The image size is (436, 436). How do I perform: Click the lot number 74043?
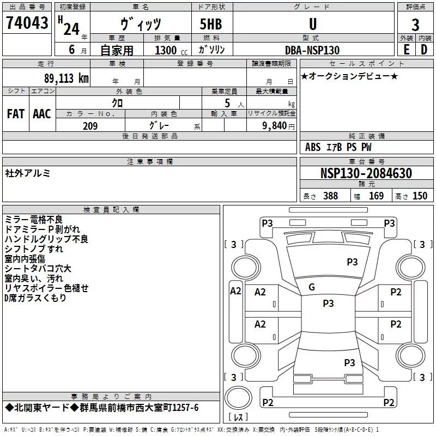pos(27,22)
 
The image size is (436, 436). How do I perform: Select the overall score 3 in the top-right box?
pos(415,25)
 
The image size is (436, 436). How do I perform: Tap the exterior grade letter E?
pos(407,50)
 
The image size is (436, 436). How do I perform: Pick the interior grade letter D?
pos(424,50)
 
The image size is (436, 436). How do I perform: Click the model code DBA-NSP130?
pos(312,50)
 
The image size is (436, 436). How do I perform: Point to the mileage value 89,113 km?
pos(66,78)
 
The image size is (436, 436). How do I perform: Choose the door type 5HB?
pos(211,24)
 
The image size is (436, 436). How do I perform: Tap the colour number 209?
pos(90,126)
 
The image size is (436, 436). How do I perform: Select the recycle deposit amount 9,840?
pos(275,126)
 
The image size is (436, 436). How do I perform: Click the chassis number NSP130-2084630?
pos(366,173)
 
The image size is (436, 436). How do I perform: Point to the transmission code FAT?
pos(16,114)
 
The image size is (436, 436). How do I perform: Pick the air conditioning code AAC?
pos(42,114)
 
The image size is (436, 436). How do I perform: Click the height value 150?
pos(420,196)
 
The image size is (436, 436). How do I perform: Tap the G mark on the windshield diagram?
pos(312,287)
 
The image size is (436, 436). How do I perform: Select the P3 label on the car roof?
pos(328,303)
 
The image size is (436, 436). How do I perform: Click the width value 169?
pos(376,196)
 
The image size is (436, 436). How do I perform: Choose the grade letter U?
pos(313,24)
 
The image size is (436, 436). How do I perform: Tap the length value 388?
pos(331,196)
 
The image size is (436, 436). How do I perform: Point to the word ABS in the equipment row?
pos(313,147)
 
